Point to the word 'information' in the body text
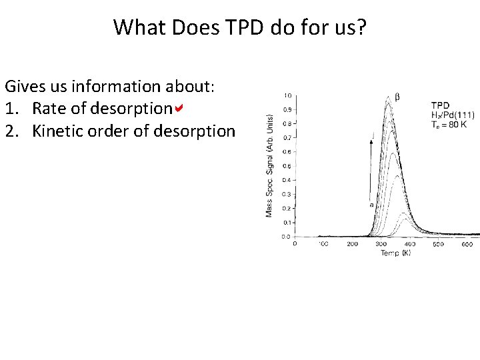click(113, 86)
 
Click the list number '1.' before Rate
click(13, 109)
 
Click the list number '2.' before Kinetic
click(13, 131)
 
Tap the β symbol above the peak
click(398, 97)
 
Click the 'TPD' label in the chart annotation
click(441, 105)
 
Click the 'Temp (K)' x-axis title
click(395, 253)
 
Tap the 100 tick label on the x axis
click(323, 245)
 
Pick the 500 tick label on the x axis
click(437, 245)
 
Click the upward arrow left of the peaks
click(371, 167)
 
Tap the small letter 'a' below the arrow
click(371, 205)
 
